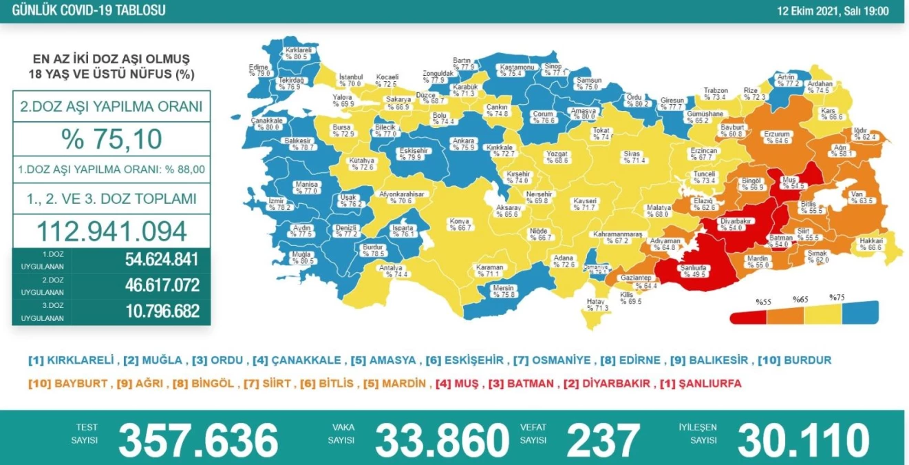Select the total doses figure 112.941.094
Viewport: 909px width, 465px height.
point(111,231)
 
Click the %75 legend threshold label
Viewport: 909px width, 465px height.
point(836,298)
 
